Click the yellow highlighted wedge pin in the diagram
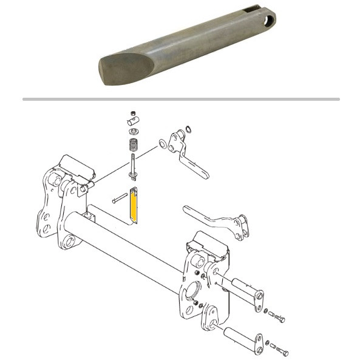(x=135, y=206)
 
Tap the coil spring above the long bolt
(x=132, y=146)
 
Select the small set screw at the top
(x=132, y=114)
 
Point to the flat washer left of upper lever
(x=162, y=144)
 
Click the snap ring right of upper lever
(x=189, y=129)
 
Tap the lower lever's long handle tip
(x=188, y=210)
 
